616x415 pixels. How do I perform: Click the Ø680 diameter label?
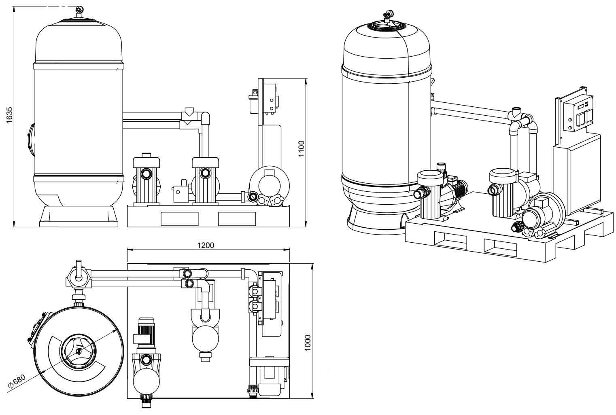(17, 381)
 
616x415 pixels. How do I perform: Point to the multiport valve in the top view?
(78, 278)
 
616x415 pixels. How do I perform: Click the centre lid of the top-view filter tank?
(78, 350)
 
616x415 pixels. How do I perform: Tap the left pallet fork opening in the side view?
(179, 219)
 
